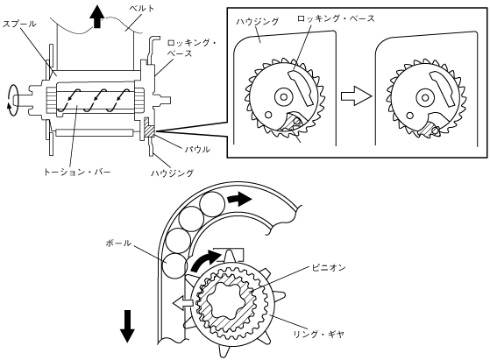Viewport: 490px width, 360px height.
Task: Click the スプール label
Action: tap(19, 24)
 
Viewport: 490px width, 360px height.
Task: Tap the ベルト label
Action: tap(141, 9)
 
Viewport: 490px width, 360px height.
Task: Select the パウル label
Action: tap(196, 149)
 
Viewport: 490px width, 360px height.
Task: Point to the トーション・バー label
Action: tap(77, 172)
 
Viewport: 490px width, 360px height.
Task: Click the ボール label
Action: tap(118, 243)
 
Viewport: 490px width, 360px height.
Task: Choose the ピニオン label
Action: tap(329, 267)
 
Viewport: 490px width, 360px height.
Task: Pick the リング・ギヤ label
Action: tap(318, 334)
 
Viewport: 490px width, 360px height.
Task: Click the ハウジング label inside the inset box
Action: tap(257, 22)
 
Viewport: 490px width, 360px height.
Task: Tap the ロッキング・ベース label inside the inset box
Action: tap(336, 18)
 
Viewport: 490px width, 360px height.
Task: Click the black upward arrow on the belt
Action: tap(97, 17)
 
